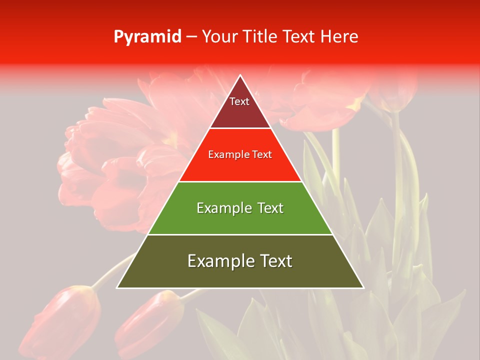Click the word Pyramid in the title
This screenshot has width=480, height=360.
click(147, 37)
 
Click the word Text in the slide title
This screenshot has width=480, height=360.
click(299, 37)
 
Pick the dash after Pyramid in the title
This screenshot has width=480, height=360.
click(191, 37)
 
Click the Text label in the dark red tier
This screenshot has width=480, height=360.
click(239, 101)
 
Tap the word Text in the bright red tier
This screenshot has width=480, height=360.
click(260, 155)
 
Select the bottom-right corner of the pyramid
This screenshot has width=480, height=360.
click(363, 287)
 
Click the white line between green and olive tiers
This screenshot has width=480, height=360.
click(240, 234)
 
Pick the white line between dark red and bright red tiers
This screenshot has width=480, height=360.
click(240, 128)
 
